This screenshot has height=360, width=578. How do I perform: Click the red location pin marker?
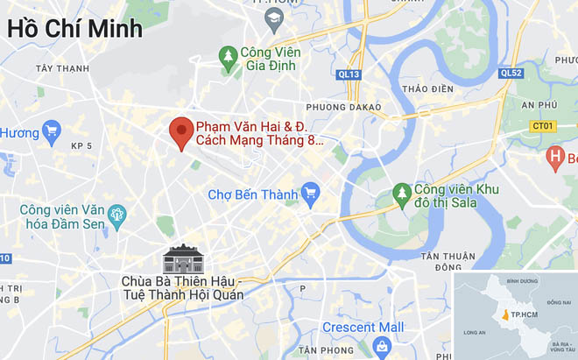[x=181, y=133]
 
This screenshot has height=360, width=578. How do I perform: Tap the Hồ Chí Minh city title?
[x=75, y=28]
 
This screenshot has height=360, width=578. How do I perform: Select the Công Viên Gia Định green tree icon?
[x=229, y=58]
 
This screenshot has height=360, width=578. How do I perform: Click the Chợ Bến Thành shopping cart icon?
[x=309, y=192]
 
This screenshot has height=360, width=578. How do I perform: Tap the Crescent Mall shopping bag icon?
[x=381, y=347]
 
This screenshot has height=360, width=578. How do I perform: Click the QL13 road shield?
[x=349, y=74]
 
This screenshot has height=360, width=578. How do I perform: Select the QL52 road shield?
[x=511, y=74]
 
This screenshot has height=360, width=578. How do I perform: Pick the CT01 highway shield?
[x=543, y=126]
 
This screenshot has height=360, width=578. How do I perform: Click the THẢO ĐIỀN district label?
[x=428, y=88]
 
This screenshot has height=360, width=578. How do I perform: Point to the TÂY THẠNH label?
[x=63, y=67]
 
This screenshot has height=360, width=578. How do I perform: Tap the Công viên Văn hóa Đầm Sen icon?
[x=116, y=214]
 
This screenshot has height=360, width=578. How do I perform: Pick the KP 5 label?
[x=81, y=146]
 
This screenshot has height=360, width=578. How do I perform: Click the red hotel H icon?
[x=554, y=159]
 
